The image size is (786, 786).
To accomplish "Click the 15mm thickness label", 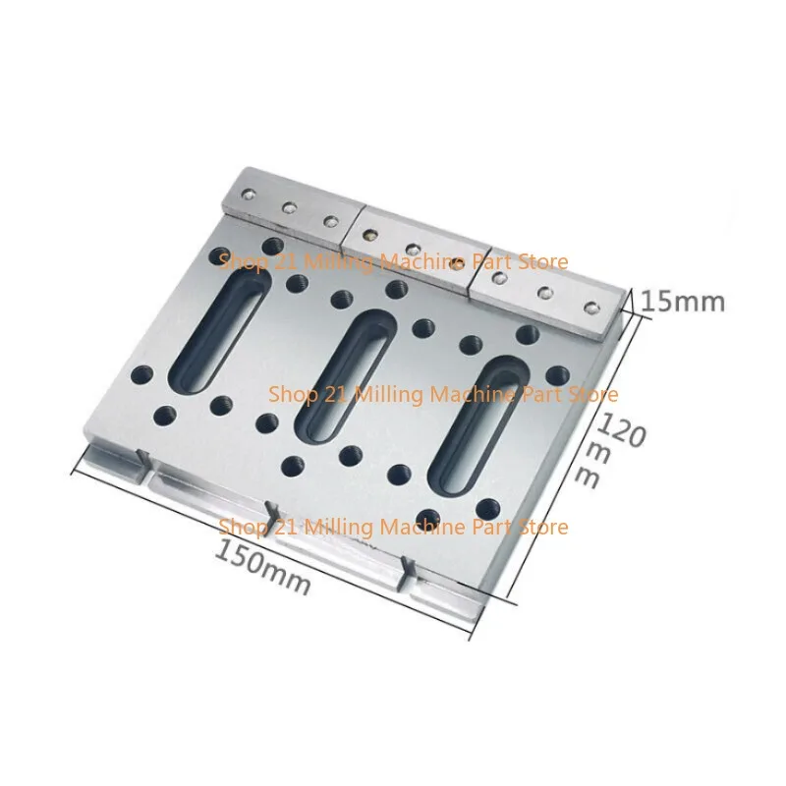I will tap(684, 300).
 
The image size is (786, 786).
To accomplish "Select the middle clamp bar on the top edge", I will tap(413, 249).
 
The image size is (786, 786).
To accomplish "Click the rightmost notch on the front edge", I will tap(402, 570).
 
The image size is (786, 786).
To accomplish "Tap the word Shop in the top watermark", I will tap(237, 261).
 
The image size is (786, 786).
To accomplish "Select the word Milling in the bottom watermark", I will tap(323, 528).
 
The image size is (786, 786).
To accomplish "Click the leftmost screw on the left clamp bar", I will tap(247, 194).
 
